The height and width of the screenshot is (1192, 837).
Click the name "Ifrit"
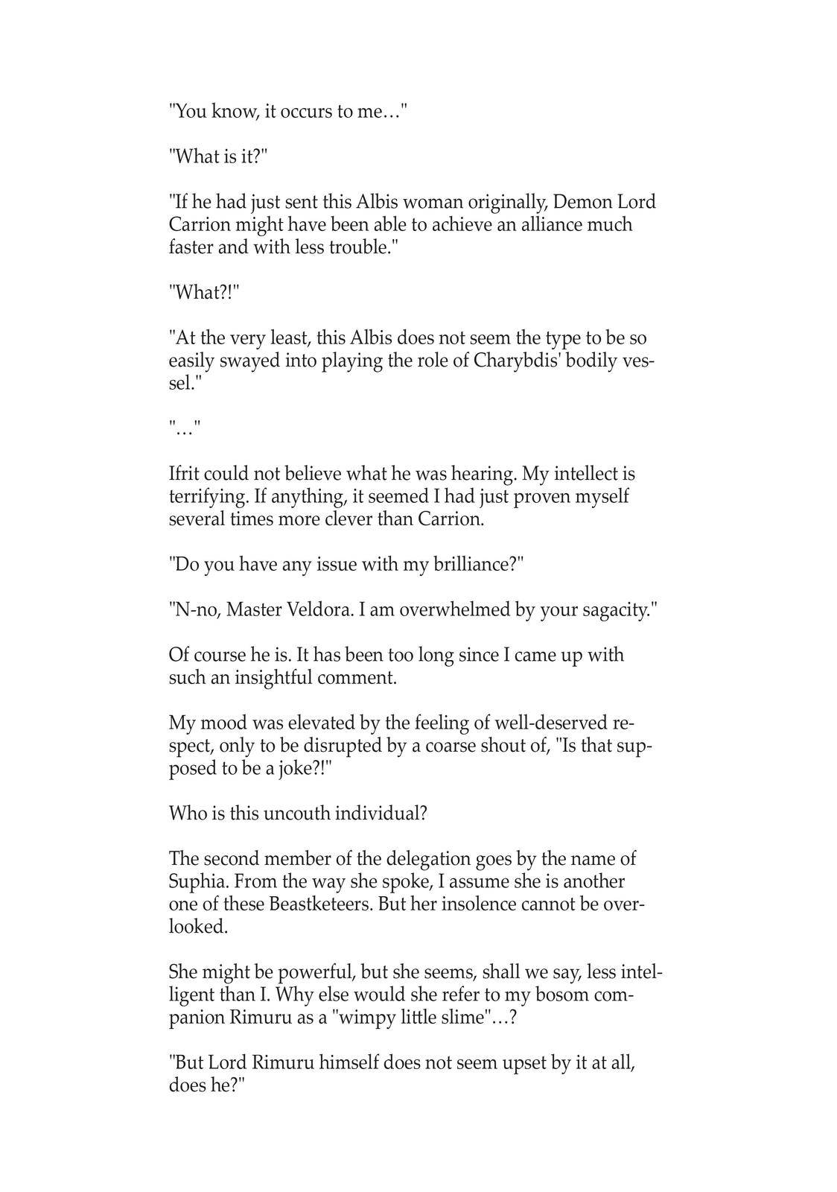tap(183, 474)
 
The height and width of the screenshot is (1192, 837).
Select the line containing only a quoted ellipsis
tap(184, 428)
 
